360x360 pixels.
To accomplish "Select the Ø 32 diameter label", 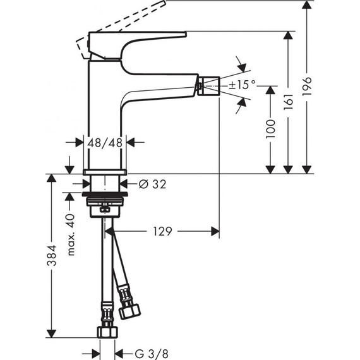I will pyautogui.click(x=151, y=184).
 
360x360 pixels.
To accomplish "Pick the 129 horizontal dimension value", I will pyautogui.click(x=162, y=232).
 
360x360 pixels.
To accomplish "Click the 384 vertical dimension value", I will pyautogui.click(x=52, y=256).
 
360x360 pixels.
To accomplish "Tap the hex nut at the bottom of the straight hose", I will pyautogui.click(x=106, y=333).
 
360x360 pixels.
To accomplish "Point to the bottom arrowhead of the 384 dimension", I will pyautogui.click(x=52, y=332).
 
